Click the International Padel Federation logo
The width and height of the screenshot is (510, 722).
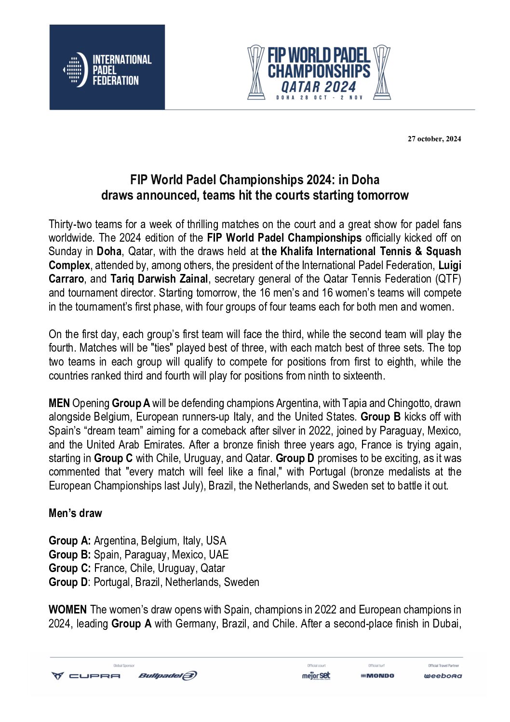click(107, 68)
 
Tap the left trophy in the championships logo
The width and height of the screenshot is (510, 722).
click(256, 72)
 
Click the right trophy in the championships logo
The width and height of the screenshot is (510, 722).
click(382, 72)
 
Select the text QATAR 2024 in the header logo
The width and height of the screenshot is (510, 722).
click(318, 87)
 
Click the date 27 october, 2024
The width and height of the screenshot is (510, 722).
click(434, 139)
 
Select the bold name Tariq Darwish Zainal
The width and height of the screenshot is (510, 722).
click(159, 279)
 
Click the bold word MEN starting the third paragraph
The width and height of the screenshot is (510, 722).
click(59, 403)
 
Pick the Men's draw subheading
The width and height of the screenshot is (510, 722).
click(75, 513)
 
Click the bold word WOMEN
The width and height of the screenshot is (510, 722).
click(67, 610)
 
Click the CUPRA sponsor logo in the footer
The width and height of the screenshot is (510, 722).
click(86, 676)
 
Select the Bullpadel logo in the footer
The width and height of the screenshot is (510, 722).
click(168, 676)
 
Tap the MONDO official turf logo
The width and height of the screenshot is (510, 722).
click(377, 676)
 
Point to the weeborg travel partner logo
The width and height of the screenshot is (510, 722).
click(443, 676)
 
